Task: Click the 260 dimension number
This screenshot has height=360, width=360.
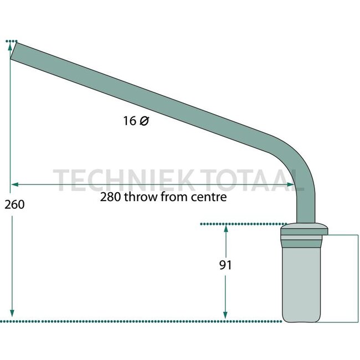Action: tap(14, 204)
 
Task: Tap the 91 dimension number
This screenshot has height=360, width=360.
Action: tap(225, 265)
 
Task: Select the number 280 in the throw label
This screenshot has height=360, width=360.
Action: tap(110, 197)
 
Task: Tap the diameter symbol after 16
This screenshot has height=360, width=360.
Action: tap(144, 121)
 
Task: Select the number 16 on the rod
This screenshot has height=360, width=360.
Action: tap(130, 121)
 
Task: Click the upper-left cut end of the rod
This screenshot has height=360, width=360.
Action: tap(13, 51)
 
